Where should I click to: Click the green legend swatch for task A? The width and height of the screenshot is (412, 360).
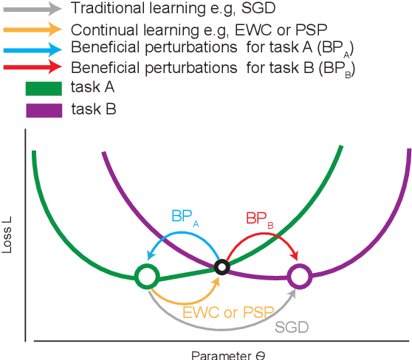click(x=44, y=88)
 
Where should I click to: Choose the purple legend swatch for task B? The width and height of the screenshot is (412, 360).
click(x=44, y=108)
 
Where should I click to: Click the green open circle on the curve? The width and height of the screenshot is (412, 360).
click(x=147, y=277)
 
